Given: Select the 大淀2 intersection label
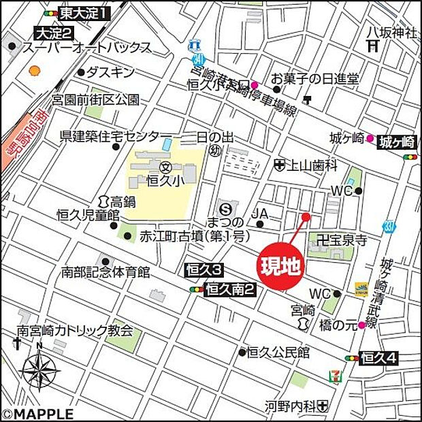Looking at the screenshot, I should pos(54,33).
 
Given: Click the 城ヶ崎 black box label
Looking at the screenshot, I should pos(397,142).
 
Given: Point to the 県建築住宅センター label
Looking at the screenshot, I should pos(112,135).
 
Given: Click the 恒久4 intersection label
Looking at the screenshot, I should pos(379,357).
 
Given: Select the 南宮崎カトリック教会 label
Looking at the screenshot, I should pos(75,332).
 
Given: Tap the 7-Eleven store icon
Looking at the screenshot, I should pos(334,375).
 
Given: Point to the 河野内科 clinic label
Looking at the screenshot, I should pos(290,407).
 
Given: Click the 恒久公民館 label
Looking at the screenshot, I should pos(278,352).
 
